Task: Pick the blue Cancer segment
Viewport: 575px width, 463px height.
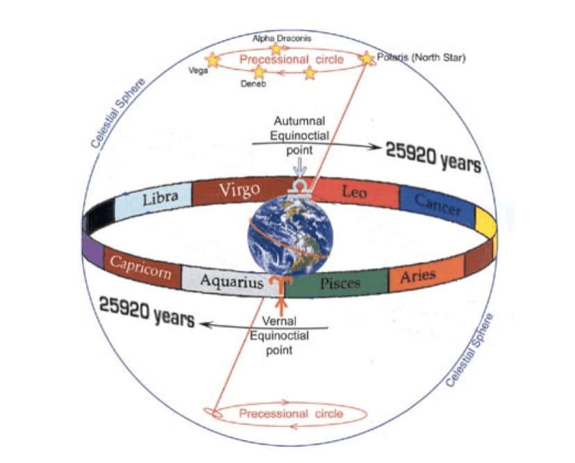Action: tap(437, 203)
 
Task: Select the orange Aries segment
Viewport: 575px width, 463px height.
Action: tap(418, 276)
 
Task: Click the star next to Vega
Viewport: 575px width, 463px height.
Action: tap(212, 60)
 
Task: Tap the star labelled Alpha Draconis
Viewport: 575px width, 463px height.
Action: tap(276, 49)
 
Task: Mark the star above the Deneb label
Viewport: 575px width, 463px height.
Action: tap(259, 72)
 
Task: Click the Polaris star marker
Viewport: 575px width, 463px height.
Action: tap(367, 58)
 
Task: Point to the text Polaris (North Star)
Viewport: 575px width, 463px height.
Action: tap(421, 58)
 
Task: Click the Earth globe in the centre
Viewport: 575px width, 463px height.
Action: tap(291, 236)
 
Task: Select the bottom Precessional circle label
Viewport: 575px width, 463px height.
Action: tap(291, 414)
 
